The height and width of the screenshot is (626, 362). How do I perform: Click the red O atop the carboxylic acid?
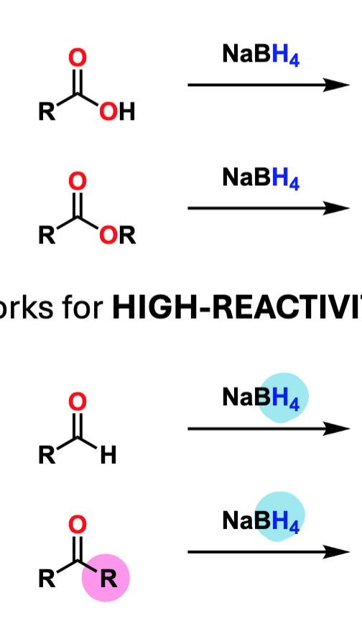[77, 57]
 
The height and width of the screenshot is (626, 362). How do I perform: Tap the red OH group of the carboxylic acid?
[117, 111]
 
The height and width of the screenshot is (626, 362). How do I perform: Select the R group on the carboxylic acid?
[47, 111]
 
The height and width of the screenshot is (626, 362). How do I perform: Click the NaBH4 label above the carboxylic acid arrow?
[261, 55]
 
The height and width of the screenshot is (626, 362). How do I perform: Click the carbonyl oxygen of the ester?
[77, 181]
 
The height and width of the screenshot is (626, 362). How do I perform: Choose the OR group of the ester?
[118, 235]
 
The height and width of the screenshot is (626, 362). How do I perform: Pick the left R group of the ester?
[47, 235]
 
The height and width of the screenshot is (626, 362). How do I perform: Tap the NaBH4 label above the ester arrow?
[261, 178]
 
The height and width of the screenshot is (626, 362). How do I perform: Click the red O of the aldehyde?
[77, 401]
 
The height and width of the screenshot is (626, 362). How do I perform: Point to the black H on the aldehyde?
[108, 455]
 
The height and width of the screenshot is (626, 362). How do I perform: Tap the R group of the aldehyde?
[47, 455]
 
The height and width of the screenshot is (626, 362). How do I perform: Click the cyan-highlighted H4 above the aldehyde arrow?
[286, 399]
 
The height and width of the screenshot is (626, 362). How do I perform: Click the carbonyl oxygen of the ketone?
[77, 525]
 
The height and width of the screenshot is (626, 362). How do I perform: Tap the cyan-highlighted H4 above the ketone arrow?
[286, 522]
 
